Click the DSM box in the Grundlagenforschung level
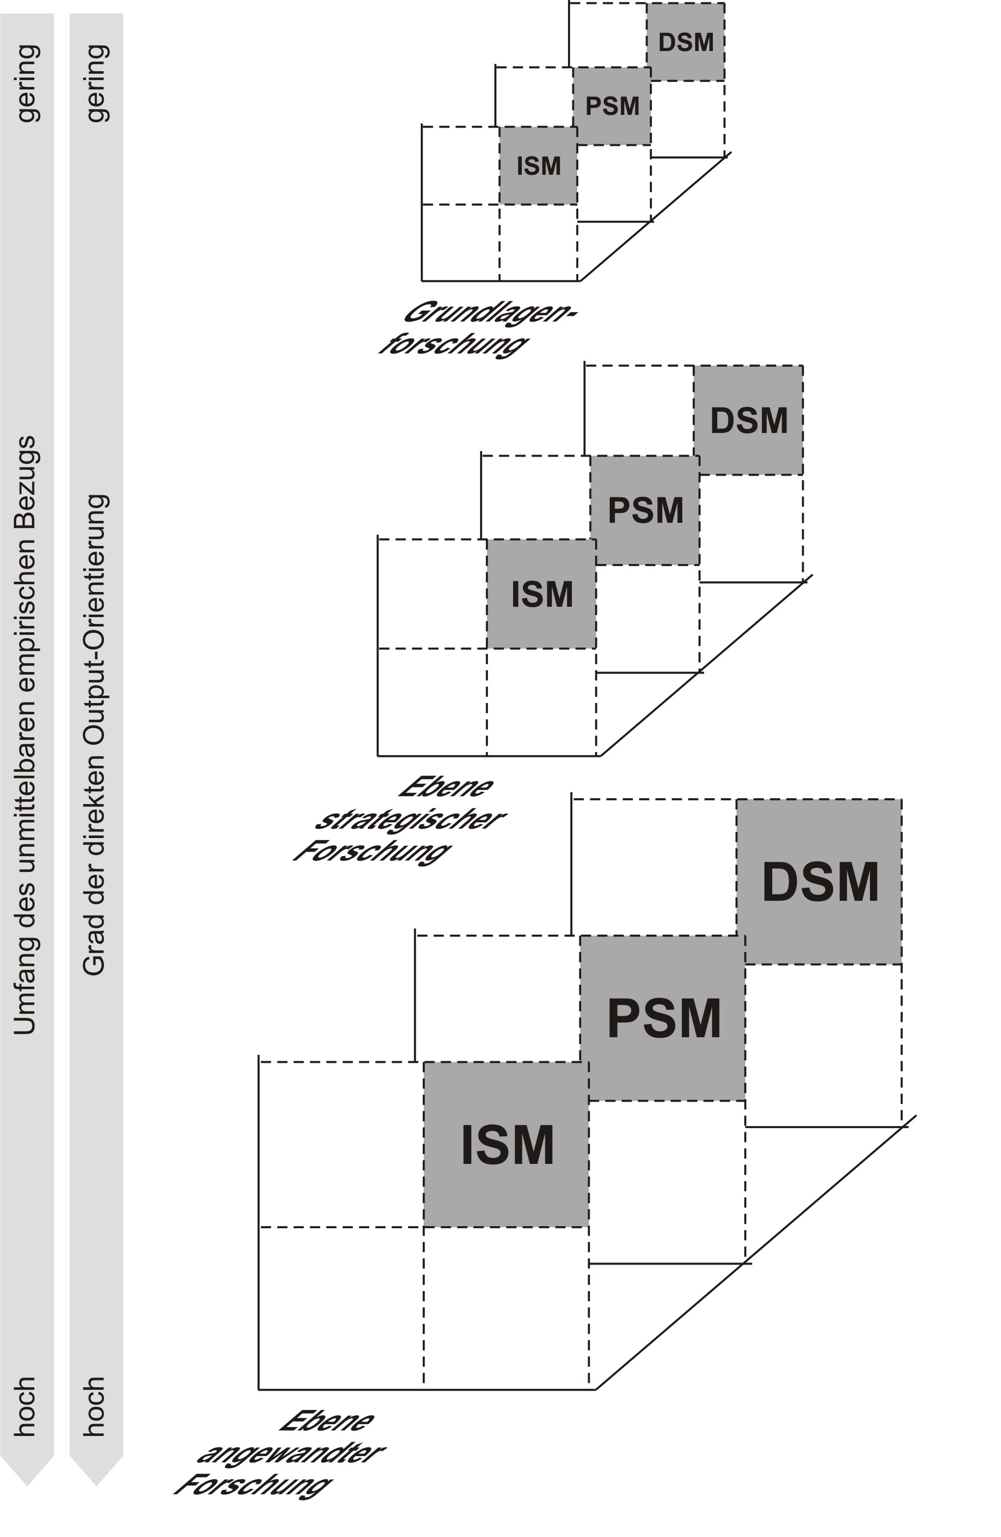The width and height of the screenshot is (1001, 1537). pyautogui.click(x=685, y=43)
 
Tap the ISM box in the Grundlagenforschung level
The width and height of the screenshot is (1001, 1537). pyautogui.click(x=538, y=166)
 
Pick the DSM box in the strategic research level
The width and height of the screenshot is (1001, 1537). pyautogui.click(x=749, y=420)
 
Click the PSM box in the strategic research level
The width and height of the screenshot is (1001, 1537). pyautogui.click(x=645, y=510)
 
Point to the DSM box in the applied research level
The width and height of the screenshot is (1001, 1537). pyautogui.click(x=819, y=882)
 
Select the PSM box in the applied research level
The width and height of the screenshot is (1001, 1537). pyautogui.click(x=663, y=1019)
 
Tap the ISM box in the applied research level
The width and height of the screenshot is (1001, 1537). pyautogui.click(x=506, y=1145)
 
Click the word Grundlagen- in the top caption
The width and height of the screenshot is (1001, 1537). pyautogui.click(x=489, y=313)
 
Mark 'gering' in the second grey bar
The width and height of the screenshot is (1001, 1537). pyautogui.click(x=96, y=82)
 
